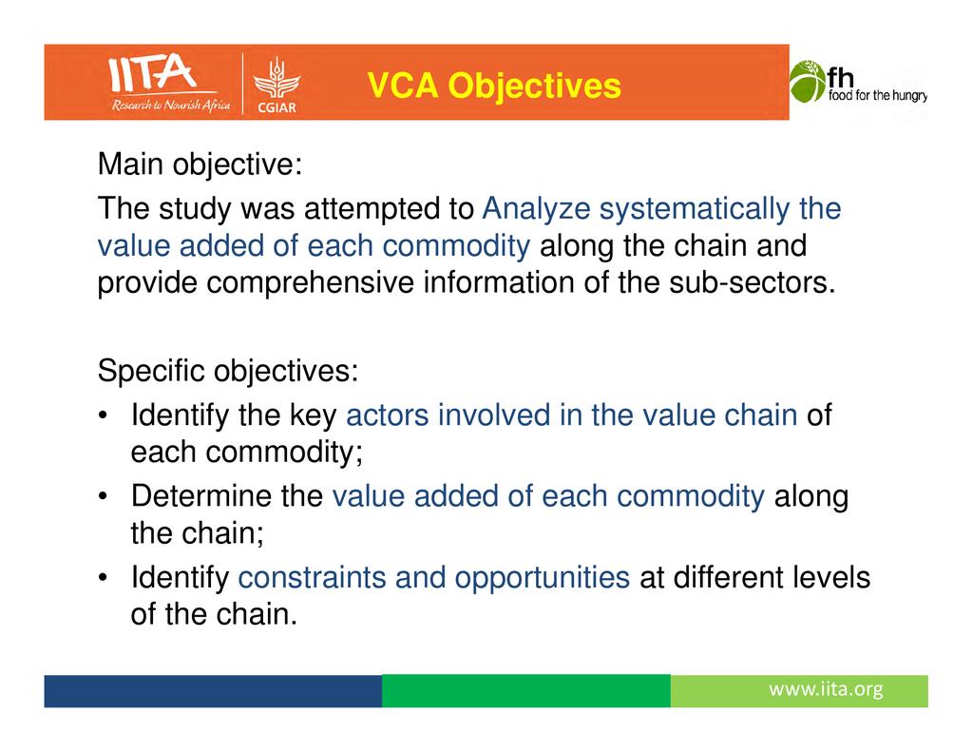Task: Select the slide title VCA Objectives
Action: tap(494, 85)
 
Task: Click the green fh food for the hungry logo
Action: tap(858, 82)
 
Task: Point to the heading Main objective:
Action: tap(200, 164)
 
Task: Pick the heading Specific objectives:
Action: tap(228, 372)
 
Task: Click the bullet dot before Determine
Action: tap(104, 496)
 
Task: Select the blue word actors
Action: tap(388, 415)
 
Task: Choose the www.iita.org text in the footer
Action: tap(826, 689)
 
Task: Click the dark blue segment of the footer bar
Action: tap(213, 690)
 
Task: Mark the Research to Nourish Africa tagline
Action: tap(171, 106)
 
